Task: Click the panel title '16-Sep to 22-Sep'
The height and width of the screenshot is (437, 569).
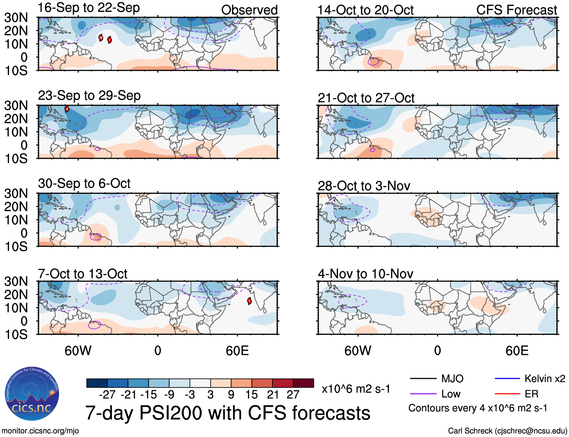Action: (89, 8)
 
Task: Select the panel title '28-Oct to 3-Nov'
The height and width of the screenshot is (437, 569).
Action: (364, 186)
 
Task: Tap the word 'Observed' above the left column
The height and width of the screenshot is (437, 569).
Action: (249, 10)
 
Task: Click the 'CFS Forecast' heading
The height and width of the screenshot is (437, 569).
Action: (516, 10)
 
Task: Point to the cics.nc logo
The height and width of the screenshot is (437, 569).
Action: (32, 394)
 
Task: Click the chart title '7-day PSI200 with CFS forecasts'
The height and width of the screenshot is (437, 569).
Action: (228, 413)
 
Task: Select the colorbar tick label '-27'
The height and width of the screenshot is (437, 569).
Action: (107, 395)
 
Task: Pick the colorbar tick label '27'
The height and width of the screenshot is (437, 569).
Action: (293, 395)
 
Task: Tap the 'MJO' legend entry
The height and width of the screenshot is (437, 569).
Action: (452, 379)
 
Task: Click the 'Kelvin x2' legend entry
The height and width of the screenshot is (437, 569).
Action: (545, 379)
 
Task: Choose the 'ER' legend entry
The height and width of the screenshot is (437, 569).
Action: (531, 394)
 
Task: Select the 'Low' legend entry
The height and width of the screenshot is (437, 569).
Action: (451, 394)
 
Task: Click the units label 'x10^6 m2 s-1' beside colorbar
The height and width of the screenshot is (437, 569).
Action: (356, 389)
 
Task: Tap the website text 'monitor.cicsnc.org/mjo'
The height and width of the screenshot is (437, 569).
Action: (40, 431)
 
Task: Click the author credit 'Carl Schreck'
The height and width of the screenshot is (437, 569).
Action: (470, 431)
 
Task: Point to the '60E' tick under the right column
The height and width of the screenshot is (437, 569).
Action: (517, 351)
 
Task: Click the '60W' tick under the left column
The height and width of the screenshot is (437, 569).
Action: (78, 351)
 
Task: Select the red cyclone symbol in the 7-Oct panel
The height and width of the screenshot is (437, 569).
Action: (249, 301)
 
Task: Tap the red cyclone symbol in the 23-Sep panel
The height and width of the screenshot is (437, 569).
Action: (67, 109)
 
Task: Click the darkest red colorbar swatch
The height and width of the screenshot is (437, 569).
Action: (303, 383)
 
